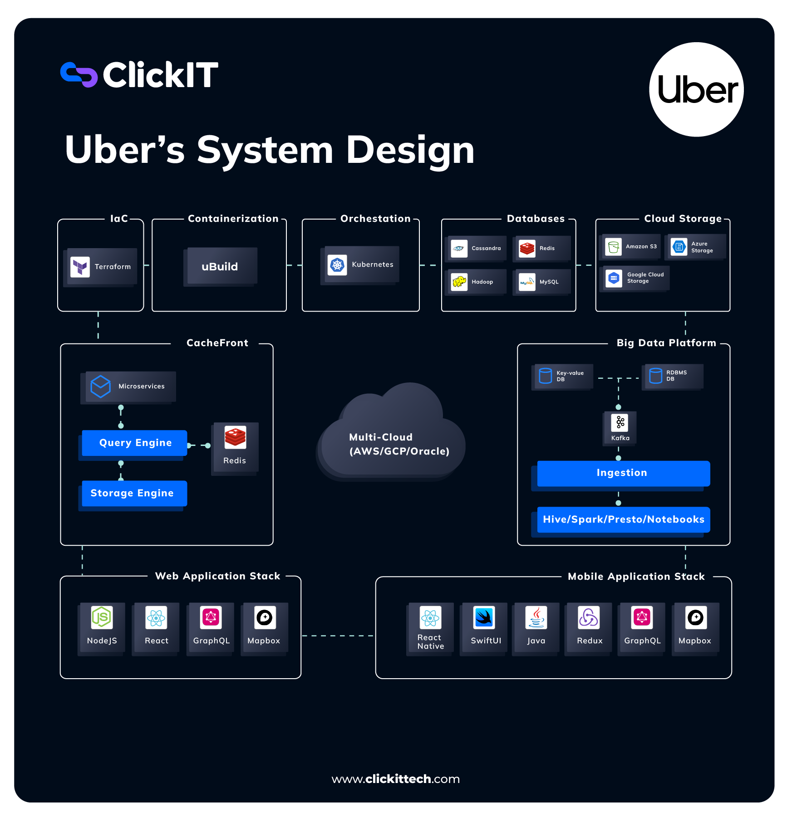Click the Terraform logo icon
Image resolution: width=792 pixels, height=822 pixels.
(x=80, y=267)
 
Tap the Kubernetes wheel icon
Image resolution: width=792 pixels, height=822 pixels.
(x=337, y=265)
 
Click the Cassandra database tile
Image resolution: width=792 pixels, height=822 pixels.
(x=477, y=248)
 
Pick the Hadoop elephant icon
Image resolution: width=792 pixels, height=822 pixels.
(x=459, y=282)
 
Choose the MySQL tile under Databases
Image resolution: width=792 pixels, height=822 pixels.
(x=541, y=282)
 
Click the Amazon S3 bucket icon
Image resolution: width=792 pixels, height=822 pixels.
(x=614, y=247)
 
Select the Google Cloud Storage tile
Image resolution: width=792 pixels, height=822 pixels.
(x=635, y=278)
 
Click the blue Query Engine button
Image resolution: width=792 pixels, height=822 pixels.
(x=135, y=443)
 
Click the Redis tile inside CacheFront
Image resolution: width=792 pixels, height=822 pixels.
(x=235, y=447)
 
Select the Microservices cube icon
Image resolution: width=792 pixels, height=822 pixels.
(x=100, y=386)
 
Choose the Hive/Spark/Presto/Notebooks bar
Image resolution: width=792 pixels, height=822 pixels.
(x=623, y=519)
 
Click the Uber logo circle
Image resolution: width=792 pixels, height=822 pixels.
(x=696, y=89)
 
